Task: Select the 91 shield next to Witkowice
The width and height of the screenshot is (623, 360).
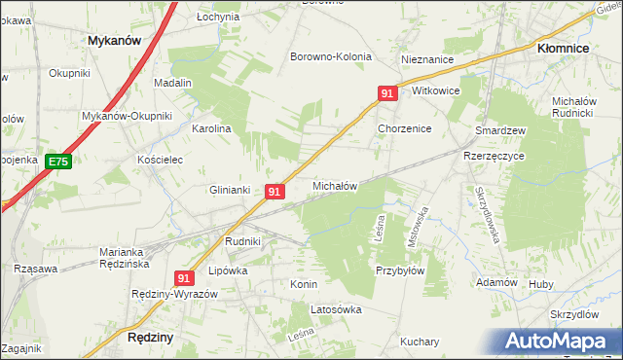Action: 387,93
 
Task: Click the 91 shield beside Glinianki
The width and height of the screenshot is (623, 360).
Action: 275,193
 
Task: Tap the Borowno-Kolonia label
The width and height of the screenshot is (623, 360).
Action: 331,56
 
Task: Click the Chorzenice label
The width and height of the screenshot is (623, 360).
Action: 404,128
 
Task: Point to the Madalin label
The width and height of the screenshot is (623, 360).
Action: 172,84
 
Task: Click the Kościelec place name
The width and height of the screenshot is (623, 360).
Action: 160,160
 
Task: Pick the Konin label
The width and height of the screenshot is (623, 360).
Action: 304,284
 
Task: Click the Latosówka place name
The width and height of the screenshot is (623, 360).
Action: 336,310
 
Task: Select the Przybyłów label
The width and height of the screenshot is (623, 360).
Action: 400,271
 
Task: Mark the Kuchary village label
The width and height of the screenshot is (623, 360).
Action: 420,342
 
